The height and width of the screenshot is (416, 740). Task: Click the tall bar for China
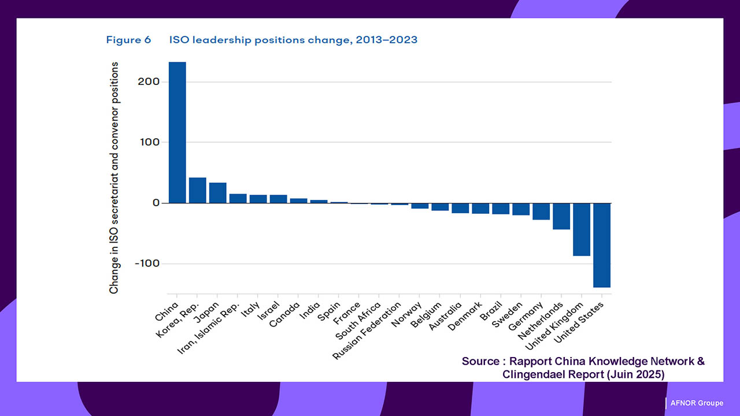click(x=177, y=132)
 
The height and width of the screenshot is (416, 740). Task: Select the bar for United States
click(x=602, y=245)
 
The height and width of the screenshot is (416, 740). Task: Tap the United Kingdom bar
click(x=582, y=229)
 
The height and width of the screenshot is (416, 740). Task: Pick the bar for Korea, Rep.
click(x=198, y=190)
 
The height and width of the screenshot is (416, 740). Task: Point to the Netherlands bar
click(x=561, y=216)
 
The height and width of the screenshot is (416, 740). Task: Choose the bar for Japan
click(x=218, y=193)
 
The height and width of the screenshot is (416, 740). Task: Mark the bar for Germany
click(x=541, y=211)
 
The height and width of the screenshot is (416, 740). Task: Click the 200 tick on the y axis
click(x=149, y=81)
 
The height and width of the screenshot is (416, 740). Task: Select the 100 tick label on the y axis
click(x=149, y=142)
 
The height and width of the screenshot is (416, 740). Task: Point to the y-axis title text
click(x=114, y=178)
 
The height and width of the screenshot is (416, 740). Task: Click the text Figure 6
click(x=128, y=40)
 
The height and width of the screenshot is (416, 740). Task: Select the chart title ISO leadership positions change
click(x=293, y=40)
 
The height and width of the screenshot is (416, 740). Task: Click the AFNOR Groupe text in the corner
click(x=696, y=403)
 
